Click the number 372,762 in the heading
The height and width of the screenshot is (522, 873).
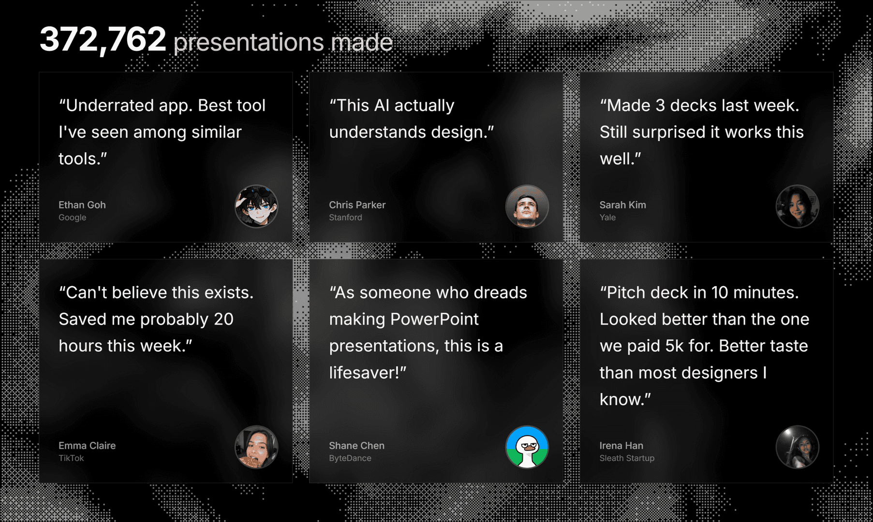click(x=103, y=40)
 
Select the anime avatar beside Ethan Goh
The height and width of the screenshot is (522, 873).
click(x=256, y=206)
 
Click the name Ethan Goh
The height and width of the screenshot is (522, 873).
click(x=82, y=205)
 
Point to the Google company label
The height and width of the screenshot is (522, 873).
click(x=73, y=217)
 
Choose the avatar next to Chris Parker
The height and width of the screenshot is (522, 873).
click(x=527, y=206)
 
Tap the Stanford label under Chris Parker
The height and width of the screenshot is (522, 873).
click(x=345, y=217)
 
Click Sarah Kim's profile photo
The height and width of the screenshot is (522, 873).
click(x=797, y=206)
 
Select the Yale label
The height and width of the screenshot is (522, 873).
click(x=607, y=217)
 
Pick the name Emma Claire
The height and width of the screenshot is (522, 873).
click(x=87, y=446)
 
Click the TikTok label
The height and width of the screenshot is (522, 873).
click(x=71, y=458)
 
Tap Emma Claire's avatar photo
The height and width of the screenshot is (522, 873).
click(x=256, y=447)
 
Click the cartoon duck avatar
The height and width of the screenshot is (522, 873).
click(x=527, y=447)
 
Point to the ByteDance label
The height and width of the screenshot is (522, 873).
click(x=350, y=458)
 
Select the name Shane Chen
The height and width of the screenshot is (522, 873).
click(x=357, y=446)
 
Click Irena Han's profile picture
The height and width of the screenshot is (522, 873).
click(x=797, y=447)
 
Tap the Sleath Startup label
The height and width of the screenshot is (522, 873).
click(x=627, y=458)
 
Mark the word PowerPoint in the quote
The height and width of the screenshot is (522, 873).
click(x=434, y=319)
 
